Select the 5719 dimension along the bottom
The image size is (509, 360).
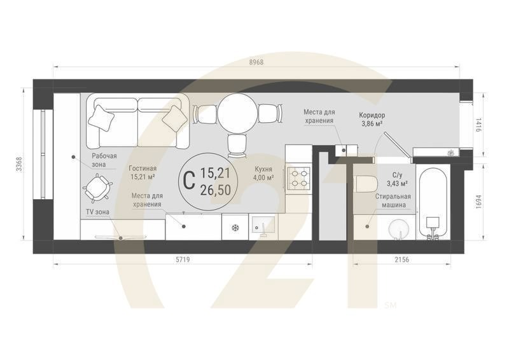tap(182, 260)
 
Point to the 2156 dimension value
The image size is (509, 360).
tap(401, 260)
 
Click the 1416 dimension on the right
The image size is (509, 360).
tap(480, 125)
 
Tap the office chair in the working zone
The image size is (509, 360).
tap(98, 187)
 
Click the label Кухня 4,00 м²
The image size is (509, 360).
tap(263, 174)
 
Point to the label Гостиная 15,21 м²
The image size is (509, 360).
tap(143, 174)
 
